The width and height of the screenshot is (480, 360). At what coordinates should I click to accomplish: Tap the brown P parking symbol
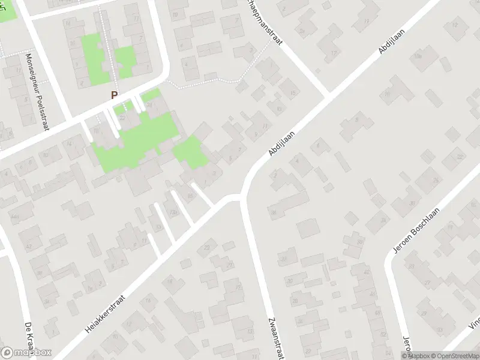coord(114,95)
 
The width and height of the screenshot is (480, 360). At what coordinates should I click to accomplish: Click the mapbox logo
coord(26,353)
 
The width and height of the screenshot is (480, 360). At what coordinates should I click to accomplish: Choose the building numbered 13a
coord(175,212)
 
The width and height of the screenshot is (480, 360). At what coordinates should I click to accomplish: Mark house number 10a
coord(418,56)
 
